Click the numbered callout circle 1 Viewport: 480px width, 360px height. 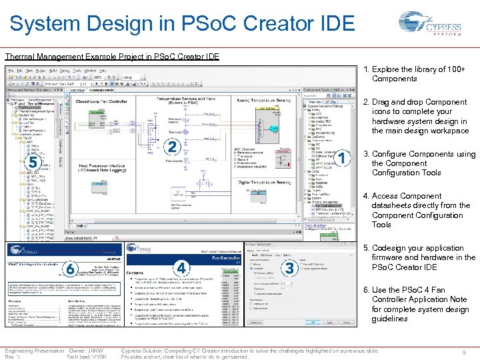click(x=342, y=159)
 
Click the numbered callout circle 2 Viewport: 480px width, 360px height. click(x=173, y=147)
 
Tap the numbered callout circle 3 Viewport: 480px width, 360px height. click(x=289, y=268)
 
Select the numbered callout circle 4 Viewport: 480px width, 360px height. click(x=181, y=268)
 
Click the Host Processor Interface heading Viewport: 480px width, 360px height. click(x=110, y=165)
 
